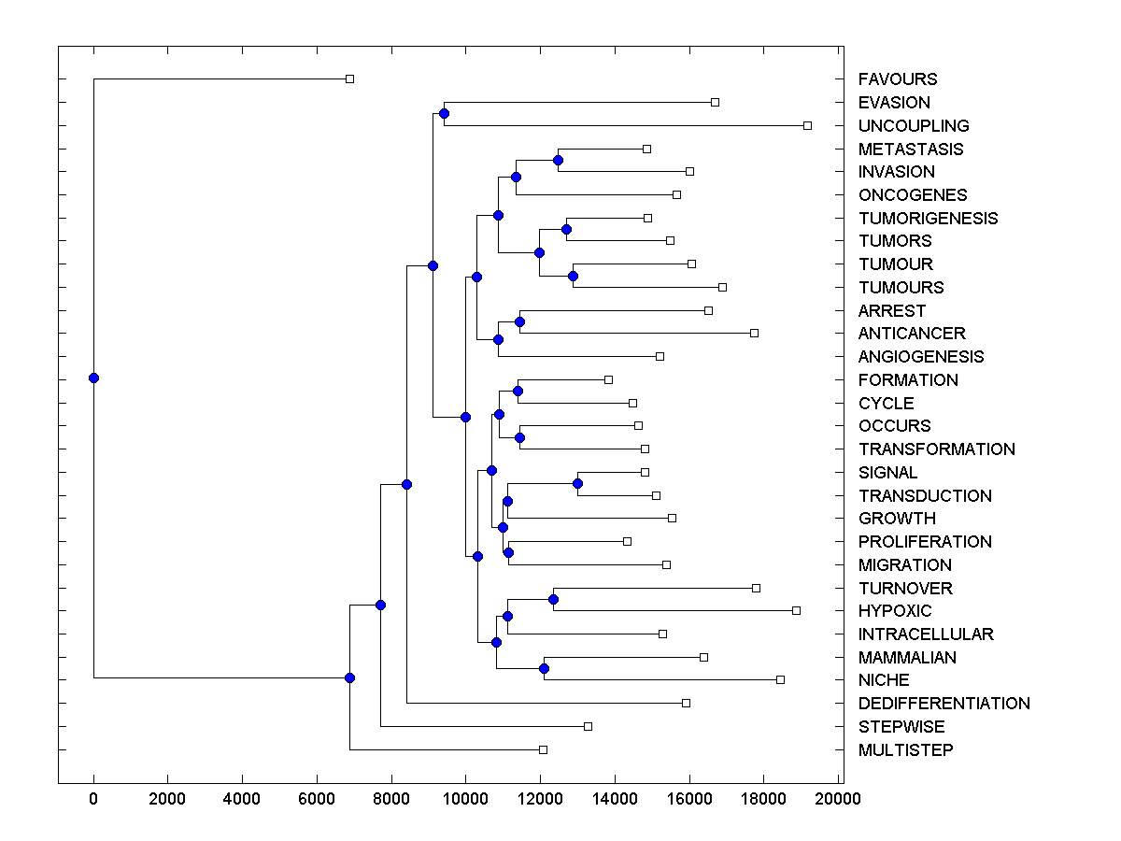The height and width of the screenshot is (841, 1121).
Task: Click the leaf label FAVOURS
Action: [898, 79]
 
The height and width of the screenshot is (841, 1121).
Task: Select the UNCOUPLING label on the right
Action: [914, 125]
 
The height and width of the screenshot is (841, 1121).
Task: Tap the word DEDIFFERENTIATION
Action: [944, 704]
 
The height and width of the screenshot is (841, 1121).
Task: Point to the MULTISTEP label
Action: [906, 750]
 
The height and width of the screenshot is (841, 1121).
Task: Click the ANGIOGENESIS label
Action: [921, 357]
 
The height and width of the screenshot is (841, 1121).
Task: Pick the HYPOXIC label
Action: [895, 611]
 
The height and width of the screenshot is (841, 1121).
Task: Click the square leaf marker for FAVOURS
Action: [350, 79]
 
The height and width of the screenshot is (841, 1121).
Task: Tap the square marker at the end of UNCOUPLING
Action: [808, 125]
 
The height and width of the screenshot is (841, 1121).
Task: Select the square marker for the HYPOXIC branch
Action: [796, 610]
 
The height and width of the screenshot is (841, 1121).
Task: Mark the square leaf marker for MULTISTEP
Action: [543, 749]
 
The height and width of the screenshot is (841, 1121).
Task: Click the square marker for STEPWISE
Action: [588, 726]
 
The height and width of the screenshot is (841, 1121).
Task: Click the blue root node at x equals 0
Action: [93, 378]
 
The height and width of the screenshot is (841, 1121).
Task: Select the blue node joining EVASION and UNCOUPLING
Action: [444, 114]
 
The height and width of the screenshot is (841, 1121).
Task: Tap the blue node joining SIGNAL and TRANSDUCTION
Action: [577, 483]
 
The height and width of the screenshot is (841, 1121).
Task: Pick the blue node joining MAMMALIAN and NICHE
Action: [544, 668]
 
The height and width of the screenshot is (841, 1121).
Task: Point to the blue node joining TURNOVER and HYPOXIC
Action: [553, 599]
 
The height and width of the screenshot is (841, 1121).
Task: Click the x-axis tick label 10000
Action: [465, 798]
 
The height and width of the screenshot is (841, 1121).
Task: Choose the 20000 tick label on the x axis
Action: [838, 798]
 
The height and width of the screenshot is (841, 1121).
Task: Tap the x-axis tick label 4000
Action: [242, 798]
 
